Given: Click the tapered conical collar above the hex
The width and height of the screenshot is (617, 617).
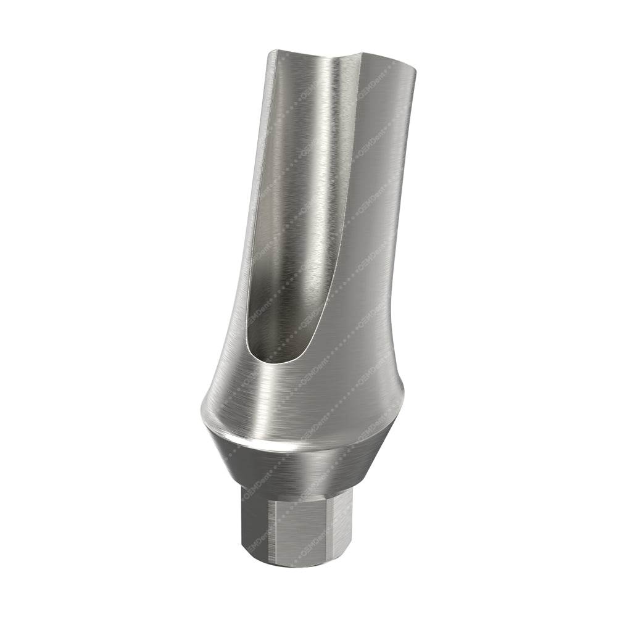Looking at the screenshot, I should tap(296, 466).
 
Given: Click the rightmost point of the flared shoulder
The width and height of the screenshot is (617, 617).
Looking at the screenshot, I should tap(404, 395).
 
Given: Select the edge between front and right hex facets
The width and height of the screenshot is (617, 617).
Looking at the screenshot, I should tap(333, 528).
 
